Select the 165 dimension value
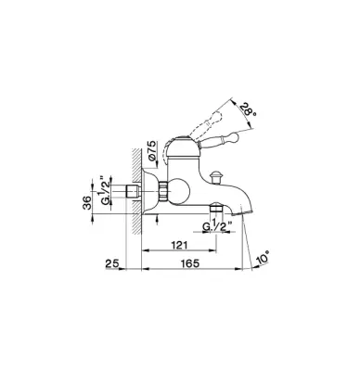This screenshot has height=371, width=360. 190,263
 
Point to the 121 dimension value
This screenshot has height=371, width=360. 179,245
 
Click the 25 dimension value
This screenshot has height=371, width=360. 112,263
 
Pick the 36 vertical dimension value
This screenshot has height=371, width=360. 88,202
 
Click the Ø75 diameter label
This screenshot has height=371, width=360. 153,151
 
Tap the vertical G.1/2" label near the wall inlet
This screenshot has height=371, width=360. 106,191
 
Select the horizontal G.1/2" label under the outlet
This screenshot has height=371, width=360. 217,226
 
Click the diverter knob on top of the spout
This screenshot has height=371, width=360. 214,177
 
